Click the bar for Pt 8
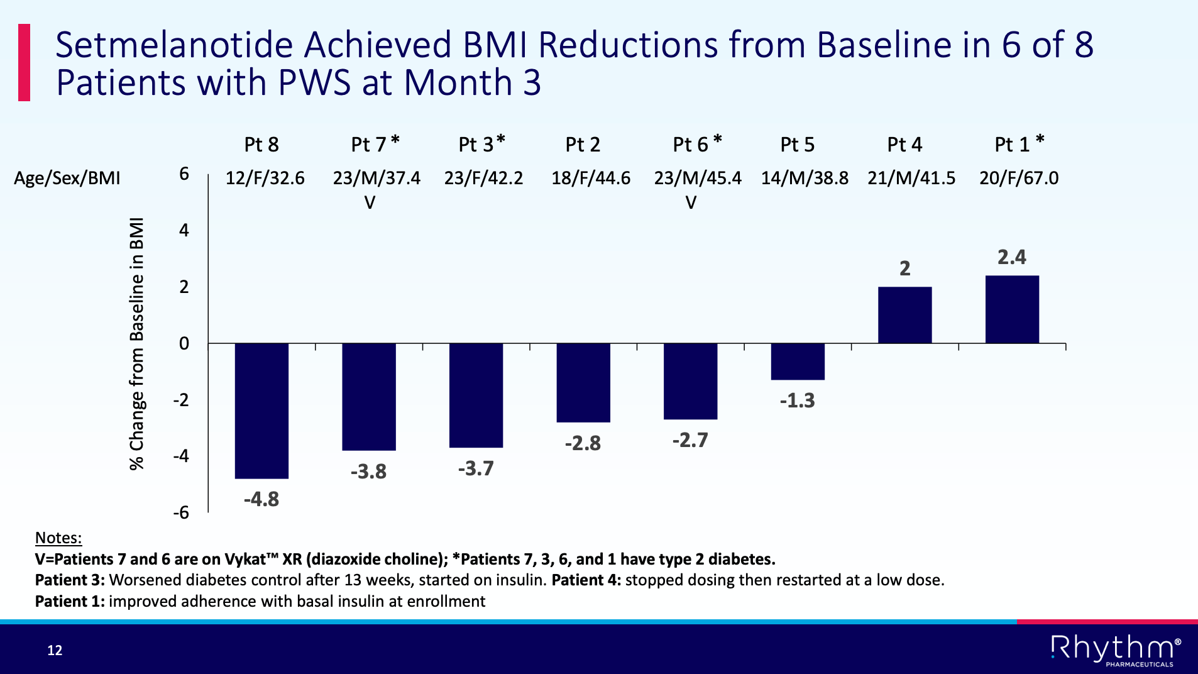tap(261, 410)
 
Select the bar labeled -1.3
tap(798, 362)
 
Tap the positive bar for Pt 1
tap(1012, 309)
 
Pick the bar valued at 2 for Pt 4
tap(904, 315)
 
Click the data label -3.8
tap(368, 472)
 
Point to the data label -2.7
tap(690, 440)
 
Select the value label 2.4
tap(1012, 257)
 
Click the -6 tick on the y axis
tap(181, 513)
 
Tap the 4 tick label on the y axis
tap(184, 230)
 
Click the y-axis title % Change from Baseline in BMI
tap(137, 344)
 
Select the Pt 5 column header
tap(797, 145)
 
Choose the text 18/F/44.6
tap(591, 179)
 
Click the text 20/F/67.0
tap(1019, 179)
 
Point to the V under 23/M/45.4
tap(691, 203)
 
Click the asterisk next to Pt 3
tap(501, 140)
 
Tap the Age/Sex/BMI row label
tap(67, 179)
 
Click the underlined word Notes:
tap(58, 538)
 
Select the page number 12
tap(55, 650)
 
